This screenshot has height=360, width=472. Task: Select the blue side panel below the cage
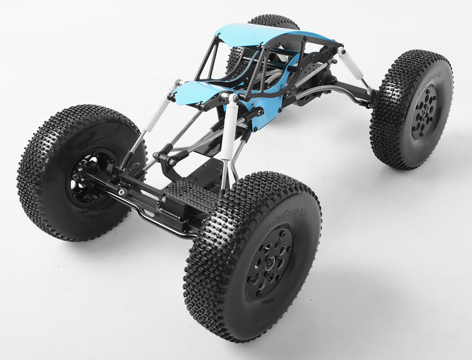click(x=265, y=112)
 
